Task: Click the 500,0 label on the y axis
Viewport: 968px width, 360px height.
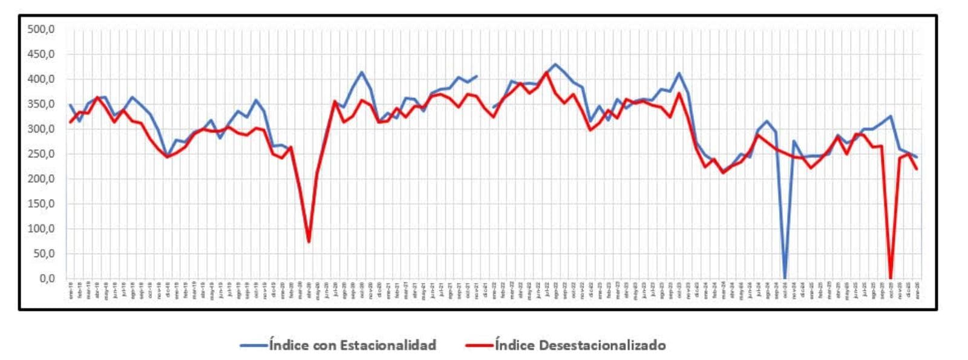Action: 41,30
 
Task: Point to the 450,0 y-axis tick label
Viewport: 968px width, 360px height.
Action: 41,54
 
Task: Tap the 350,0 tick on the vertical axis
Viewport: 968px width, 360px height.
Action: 41,104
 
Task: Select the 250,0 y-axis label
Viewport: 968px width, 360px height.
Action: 41,154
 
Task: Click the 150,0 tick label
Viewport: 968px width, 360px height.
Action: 41,204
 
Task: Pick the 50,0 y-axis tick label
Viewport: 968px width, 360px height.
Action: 43,254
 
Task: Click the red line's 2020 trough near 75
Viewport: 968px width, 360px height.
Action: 309,241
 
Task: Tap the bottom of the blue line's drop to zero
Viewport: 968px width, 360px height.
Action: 785,277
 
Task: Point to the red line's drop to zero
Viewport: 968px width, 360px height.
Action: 891,277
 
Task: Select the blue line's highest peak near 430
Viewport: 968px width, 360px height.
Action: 555,64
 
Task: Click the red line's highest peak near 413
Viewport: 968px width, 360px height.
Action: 546,73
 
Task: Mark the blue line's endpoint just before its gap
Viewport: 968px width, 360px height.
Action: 477,76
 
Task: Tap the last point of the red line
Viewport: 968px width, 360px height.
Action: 917,169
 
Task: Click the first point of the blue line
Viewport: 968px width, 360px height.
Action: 70,105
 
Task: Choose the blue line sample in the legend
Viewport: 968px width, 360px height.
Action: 253,345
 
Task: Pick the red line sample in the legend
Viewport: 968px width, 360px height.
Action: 479,345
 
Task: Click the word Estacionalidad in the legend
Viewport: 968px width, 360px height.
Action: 388,345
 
